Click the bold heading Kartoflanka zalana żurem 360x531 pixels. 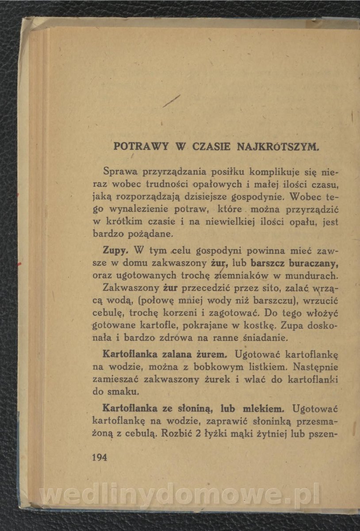point(165,354)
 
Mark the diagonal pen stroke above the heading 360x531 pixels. point(172,101)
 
